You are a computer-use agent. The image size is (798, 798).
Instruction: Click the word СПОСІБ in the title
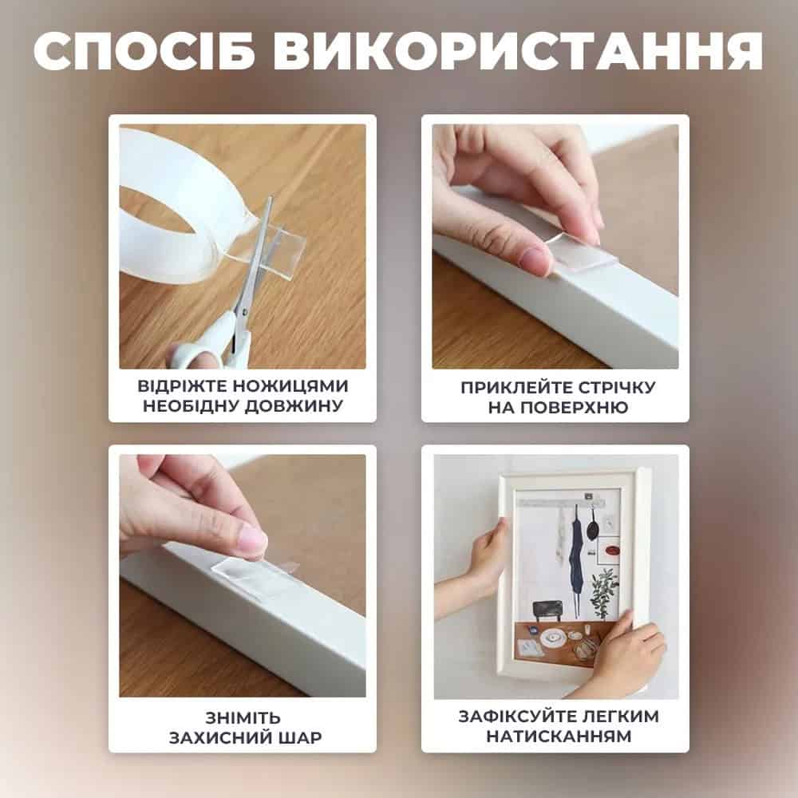pos(144,51)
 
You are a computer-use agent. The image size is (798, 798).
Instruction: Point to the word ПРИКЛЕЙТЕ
pos(512,388)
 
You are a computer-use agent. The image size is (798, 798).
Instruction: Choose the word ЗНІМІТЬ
pos(243,718)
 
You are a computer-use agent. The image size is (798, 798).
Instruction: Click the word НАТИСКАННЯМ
pos(559,736)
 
